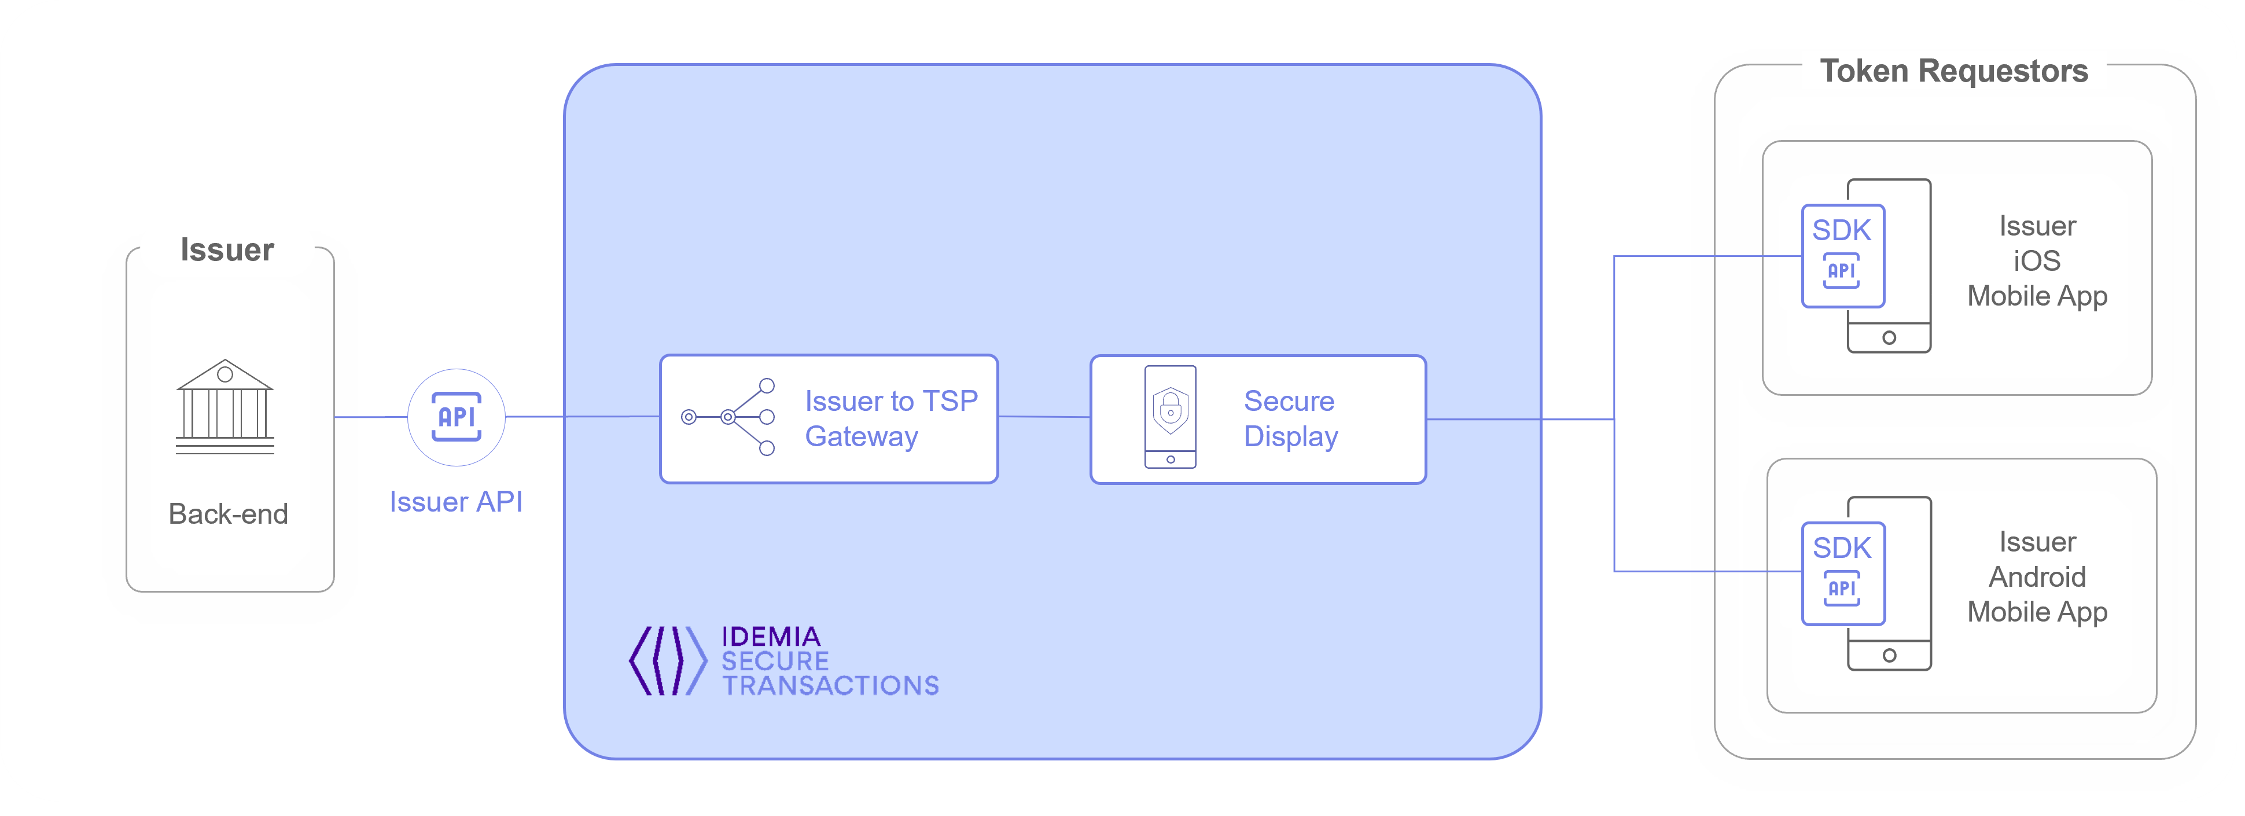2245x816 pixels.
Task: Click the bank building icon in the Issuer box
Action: click(225, 406)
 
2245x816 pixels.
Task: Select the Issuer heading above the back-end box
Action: click(227, 250)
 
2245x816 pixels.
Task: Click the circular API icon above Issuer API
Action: click(457, 417)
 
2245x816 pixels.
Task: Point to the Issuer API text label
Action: click(456, 502)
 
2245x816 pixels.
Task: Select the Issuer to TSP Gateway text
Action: click(890, 418)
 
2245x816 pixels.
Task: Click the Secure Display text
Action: click(1290, 418)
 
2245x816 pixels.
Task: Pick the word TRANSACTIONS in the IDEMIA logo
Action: click(830, 686)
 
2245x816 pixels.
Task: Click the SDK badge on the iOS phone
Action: click(1842, 255)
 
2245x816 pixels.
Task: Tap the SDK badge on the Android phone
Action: click(1842, 573)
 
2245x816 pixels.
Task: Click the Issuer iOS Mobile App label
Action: click(2037, 260)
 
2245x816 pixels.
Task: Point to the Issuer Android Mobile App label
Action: click(2037, 577)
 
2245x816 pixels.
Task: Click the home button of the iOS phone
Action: click(1889, 337)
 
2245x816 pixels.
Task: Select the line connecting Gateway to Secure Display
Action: click(1043, 417)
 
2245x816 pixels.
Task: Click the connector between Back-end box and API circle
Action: click(370, 417)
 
